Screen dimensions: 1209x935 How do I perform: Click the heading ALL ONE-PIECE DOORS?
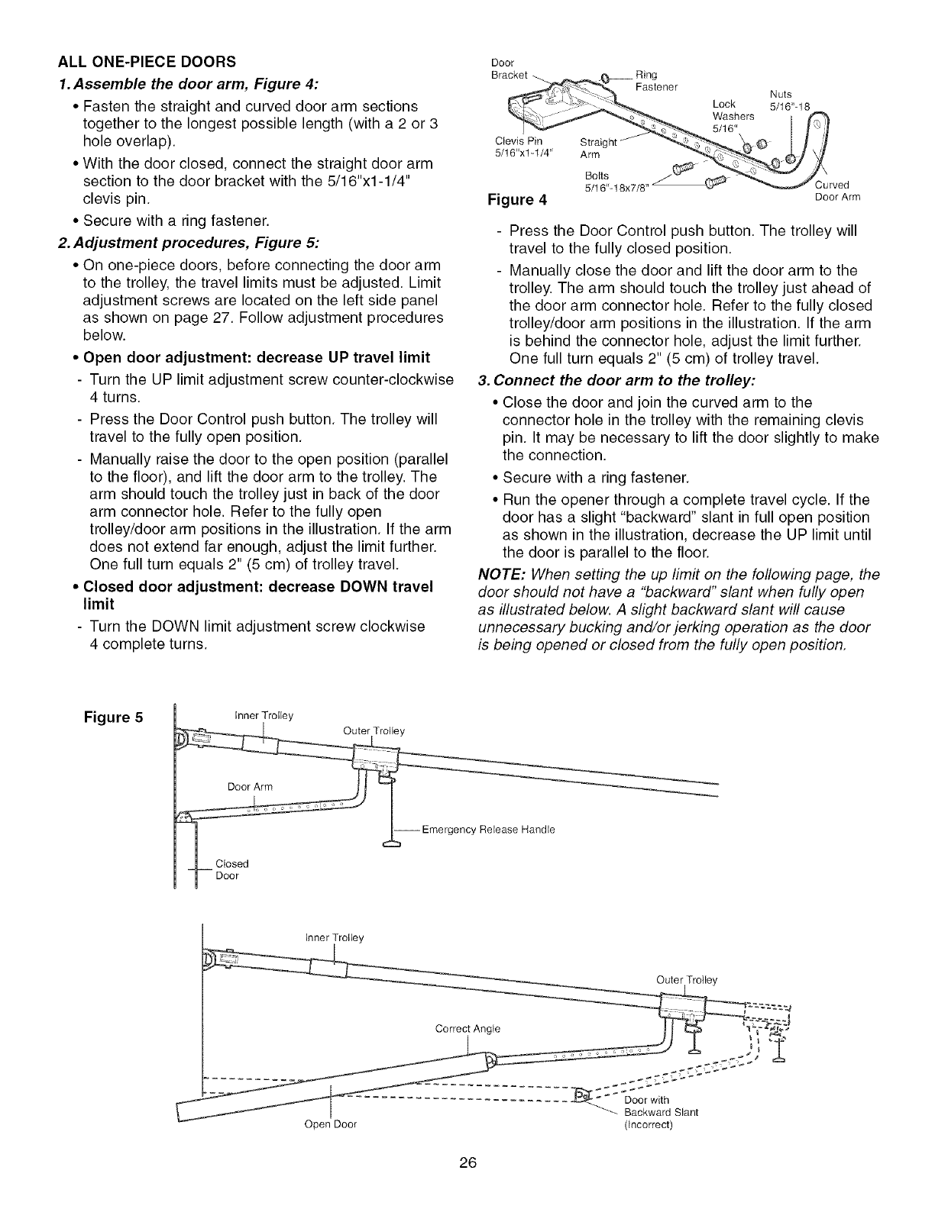click(147, 61)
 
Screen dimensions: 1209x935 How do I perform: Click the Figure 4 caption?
click(516, 201)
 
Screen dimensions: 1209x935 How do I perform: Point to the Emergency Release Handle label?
click(487, 830)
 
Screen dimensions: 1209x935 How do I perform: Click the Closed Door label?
click(232, 869)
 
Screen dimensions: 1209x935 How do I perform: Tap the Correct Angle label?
click(467, 1028)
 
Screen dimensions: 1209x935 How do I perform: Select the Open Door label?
click(330, 1124)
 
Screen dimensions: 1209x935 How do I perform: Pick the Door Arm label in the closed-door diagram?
click(250, 786)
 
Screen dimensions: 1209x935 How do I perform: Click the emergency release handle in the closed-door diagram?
click(392, 843)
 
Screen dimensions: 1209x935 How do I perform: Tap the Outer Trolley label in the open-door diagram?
click(687, 980)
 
